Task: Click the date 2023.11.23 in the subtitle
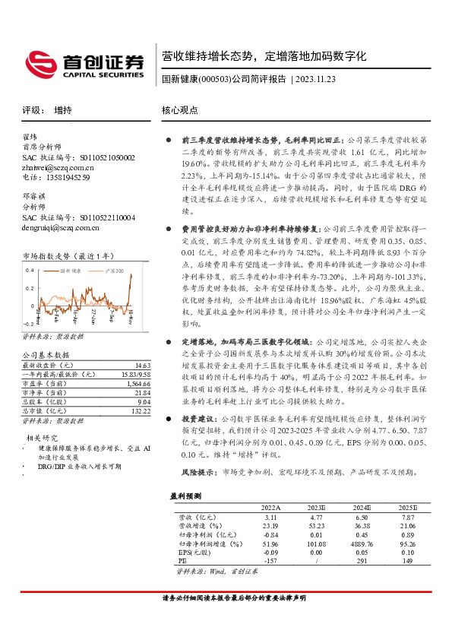coord(315,80)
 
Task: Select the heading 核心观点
coord(180,109)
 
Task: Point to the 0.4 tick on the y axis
coord(30,269)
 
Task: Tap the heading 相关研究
coord(43,438)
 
